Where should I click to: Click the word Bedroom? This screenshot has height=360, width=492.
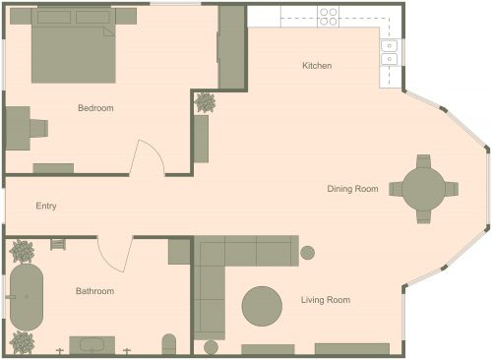coord(95,108)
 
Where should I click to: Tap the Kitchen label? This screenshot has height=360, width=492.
coord(317,66)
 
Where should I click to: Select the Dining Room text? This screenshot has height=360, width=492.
coord(353,188)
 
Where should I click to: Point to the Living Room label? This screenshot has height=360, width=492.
coord(326,300)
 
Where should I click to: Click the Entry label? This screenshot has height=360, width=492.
coord(46,207)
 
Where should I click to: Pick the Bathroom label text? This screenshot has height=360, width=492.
coord(94,291)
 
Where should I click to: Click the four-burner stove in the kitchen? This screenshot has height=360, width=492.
coord(329,16)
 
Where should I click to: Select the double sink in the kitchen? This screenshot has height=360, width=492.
coord(390,51)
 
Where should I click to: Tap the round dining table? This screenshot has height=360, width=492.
coord(423,188)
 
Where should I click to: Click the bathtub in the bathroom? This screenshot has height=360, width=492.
coord(27,297)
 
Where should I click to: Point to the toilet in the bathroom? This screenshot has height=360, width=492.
coord(168,344)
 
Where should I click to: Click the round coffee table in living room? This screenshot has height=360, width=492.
coord(263,305)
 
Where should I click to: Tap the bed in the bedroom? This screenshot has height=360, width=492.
coord(74,49)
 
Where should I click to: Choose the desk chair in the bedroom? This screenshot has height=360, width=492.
coord(38,127)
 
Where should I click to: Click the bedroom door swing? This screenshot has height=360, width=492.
coord(148,157)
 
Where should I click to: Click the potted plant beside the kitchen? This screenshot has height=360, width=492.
coord(206,101)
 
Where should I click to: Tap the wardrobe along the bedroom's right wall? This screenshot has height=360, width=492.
coord(231,47)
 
